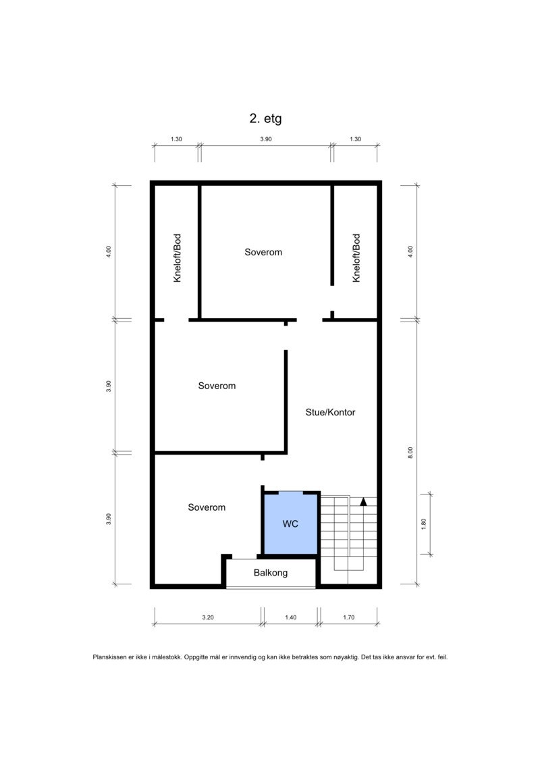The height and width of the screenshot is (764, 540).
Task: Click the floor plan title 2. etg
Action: pyautogui.click(x=265, y=119)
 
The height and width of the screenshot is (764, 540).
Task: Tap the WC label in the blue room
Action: pyautogui.click(x=290, y=524)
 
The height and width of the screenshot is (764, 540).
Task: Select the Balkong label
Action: pyautogui.click(x=271, y=573)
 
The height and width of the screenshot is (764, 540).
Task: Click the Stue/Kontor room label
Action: pyautogui.click(x=330, y=412)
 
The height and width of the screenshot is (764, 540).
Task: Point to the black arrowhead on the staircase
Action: pyautogui.click(x=363, y=501)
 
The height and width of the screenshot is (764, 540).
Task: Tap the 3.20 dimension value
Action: pyautogui.click(x=208, y=617)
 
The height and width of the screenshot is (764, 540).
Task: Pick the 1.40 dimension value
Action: pyautogui.click(x=290, y=617)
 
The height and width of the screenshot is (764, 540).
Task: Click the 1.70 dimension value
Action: pyautogui.click(x=348, y=617)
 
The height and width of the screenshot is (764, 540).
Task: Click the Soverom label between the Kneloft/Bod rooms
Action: pyautogui.click(x=263, y=252)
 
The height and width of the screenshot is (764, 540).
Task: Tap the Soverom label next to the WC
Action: pyautogui.click(x=207, y=507)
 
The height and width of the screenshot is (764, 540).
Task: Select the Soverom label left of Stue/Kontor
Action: pyautogui.click(x=217, y=386)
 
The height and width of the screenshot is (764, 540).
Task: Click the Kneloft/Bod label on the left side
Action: pyautogui.click(x=177, y=257)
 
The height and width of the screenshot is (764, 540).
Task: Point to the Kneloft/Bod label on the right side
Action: pyautogui.click(x=356, y=257)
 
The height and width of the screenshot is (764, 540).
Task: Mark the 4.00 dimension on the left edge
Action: pyautogui.click(x=108, y=251)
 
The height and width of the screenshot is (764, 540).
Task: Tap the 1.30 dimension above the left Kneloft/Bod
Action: pyautogui.click(x=176, y=139)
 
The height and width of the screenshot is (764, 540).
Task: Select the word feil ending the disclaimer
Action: pyautogui.click(x=441, y=657)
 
